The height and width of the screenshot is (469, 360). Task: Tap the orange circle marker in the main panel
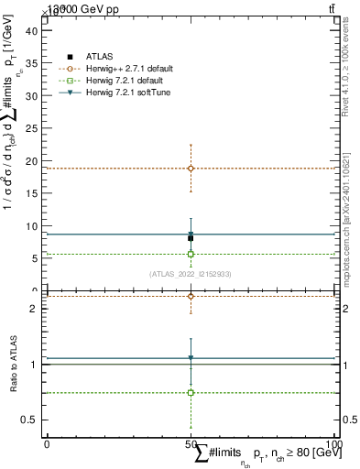(x=191, y=169)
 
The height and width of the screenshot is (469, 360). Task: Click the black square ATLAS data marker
(x=191, y=237)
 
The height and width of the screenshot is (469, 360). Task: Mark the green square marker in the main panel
(x=191, y=254)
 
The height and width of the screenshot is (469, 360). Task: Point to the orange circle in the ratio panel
(x=191, y=296)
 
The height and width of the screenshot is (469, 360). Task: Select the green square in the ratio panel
(x=191, y=392)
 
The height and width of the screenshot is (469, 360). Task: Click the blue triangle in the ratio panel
(x=191, y=358)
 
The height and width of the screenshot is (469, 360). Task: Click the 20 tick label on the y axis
(x=33, y=161)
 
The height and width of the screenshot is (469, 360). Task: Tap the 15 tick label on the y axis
(x=33, y=193)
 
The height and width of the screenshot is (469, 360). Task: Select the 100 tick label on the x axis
(x=334, y=444)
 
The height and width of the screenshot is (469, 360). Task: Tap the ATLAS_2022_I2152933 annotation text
(x=190, y=274)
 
